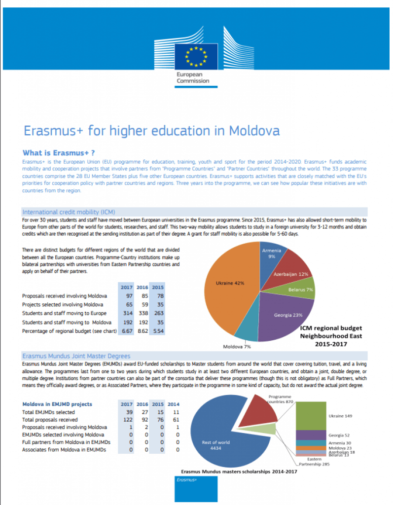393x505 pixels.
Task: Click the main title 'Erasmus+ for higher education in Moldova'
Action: (x=152, y=131)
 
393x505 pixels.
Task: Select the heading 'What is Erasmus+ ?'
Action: (x=59, y=153)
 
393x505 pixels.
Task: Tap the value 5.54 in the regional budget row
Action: (x=158, y=331)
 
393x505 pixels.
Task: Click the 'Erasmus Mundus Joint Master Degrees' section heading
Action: (x=76, y=356)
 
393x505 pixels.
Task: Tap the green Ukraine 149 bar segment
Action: (x=311, y=415)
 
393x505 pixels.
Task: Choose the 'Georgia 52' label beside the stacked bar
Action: (x=340, y=435)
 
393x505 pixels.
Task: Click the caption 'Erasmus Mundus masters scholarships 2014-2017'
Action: (x=239, y=471)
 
